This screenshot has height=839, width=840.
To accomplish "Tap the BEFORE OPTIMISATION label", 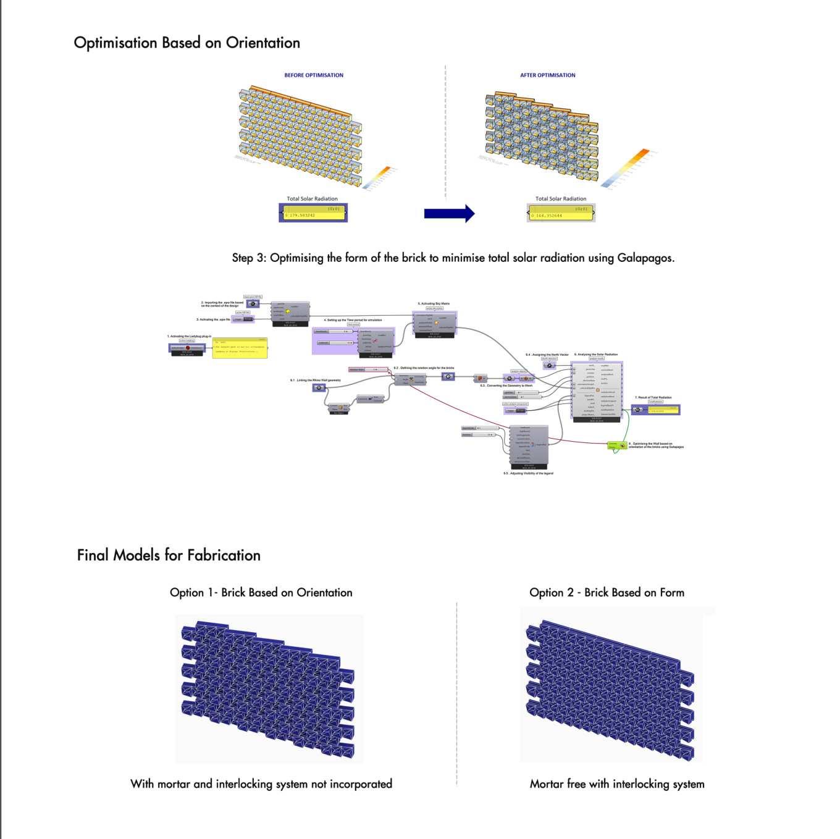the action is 314,75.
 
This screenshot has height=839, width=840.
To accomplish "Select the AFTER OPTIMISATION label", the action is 547,75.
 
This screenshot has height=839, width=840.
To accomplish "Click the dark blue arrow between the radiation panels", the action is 449,213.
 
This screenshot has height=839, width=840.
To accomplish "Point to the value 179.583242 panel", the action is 313,213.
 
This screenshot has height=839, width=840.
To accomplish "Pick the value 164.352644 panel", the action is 561,213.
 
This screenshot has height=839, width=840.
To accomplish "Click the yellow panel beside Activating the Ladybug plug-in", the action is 240,348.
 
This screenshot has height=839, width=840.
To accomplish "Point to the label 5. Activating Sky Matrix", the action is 434,304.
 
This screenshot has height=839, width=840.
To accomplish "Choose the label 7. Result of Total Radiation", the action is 653,397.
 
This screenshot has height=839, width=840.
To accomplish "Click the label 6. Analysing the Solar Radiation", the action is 596,355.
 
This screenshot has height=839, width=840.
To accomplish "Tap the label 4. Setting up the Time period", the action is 353,320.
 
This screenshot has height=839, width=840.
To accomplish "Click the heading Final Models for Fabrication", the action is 169,555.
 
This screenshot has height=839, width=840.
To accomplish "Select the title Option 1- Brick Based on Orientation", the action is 261,592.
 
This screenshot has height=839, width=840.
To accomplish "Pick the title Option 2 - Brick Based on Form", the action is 607,592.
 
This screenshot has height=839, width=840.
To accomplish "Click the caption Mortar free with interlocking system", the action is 616,784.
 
